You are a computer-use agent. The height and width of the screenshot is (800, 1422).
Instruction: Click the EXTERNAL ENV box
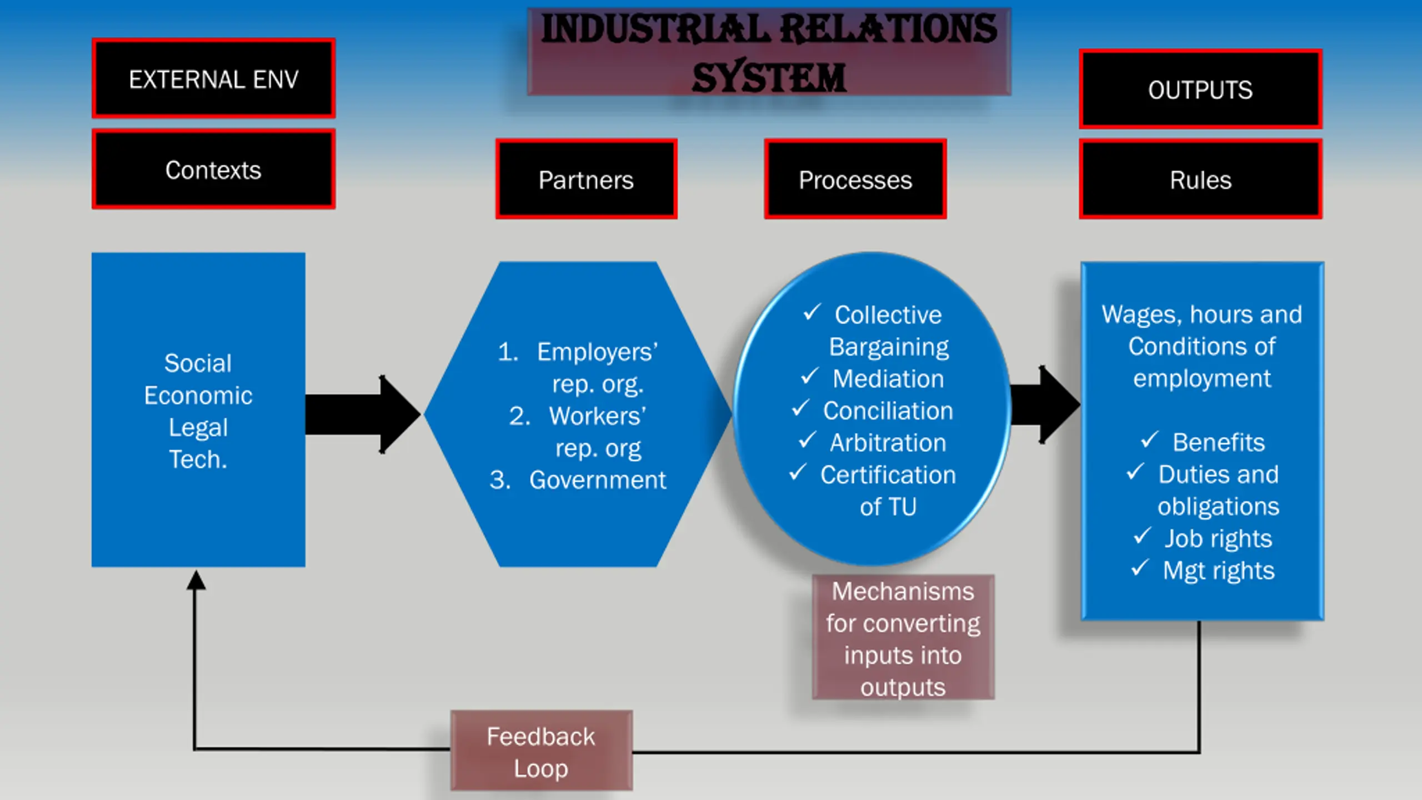click(213, 78)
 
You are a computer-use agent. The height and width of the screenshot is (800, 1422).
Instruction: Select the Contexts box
click(213, 169)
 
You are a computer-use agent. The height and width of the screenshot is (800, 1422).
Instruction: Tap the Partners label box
click(586, 179)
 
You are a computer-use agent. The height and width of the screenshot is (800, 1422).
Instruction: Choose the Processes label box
click(855, 179)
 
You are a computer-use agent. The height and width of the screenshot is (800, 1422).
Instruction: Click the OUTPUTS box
click(1200, 89)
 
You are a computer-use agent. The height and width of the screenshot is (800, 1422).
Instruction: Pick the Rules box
click(1200, 179)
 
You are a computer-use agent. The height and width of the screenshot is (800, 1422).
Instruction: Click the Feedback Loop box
click(542, 751)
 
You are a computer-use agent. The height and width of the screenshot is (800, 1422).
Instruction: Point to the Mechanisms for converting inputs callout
click(903, 637)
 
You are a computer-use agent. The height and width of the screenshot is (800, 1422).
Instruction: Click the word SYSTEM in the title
click(769, 77)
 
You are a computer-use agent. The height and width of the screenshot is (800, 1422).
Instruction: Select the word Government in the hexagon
click(597, 480)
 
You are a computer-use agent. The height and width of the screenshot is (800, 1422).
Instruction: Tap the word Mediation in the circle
click(888, 379)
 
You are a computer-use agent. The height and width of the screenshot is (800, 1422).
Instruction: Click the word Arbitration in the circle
click(888, 443)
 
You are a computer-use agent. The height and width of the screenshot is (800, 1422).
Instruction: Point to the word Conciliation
click(888, 411)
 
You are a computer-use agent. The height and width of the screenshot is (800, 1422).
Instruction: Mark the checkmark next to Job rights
click(1143, 536)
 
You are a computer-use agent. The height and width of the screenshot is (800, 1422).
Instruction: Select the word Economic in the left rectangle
click(198, 396)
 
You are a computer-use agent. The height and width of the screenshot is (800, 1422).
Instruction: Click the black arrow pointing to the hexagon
click(363, 414)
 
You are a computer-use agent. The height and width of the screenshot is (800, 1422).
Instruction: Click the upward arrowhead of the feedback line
click(196, 580)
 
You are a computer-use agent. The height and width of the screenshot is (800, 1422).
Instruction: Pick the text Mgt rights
click(1219, 571)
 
